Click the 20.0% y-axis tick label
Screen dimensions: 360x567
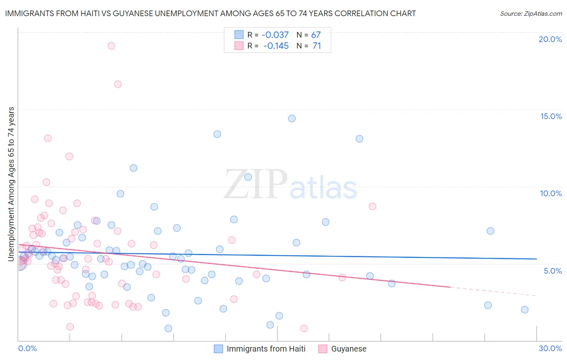click(550, 39)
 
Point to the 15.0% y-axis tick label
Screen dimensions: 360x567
click(551, 116)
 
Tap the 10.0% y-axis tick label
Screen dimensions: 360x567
click(551, 193)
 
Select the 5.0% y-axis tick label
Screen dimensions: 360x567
click(552, 271)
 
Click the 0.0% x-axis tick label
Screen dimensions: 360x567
click(27, 348)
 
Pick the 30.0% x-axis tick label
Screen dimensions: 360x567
click(550, 348)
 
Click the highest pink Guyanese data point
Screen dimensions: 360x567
click(111, 46)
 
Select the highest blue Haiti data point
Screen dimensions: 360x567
click(292, 119)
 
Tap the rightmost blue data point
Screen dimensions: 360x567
click(525, 310)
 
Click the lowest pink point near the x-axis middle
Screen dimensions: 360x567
click(304, 329)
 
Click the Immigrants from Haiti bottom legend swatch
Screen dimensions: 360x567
click(218, 349)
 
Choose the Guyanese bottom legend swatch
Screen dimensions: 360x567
click(323, 349)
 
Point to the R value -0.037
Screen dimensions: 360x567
click(275, 35)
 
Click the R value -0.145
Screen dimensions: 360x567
click(276, 46)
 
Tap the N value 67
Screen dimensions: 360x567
click(316, 35)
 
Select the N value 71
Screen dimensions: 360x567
click(317, 46)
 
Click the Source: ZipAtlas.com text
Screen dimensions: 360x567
click(531, 14)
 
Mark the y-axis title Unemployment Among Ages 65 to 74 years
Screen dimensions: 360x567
click(11, 184)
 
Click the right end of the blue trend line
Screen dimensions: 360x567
click(537, 259)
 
